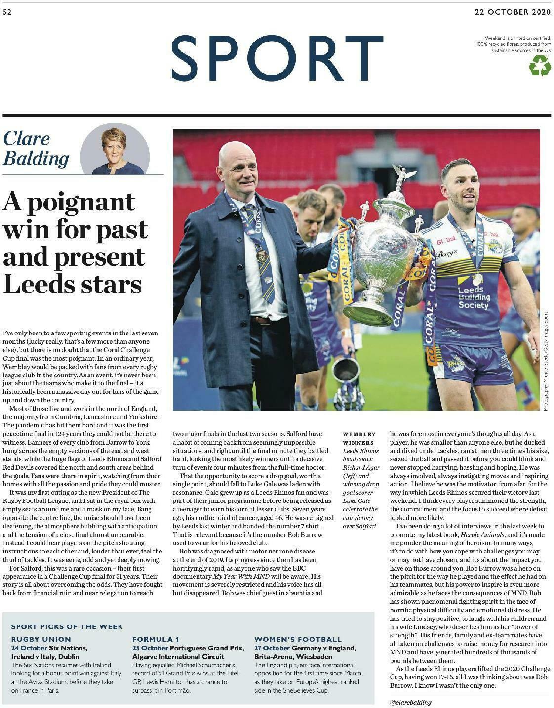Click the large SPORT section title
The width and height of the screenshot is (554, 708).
pos(277,58)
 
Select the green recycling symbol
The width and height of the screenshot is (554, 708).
pos(540,65)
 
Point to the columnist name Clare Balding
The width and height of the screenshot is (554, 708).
pos(36,148)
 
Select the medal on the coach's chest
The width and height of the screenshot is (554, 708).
pos(262,255)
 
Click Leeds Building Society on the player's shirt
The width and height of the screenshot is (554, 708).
pos(473,297)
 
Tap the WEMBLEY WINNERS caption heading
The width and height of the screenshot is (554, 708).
pos(358,438)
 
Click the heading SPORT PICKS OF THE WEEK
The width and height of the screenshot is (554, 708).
pos(67,626)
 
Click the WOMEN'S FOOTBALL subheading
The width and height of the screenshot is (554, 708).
pos(298,639)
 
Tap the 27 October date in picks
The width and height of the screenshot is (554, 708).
pos(272,648)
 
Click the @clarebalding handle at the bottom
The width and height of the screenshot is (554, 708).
pos(410,702)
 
